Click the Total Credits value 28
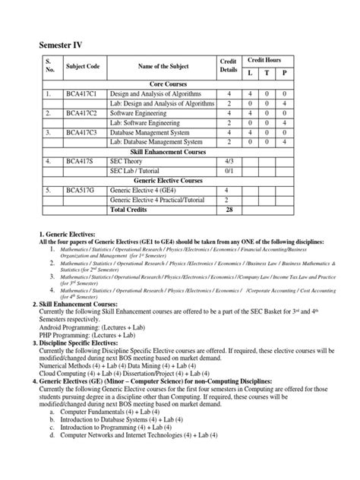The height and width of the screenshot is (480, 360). (228, 209)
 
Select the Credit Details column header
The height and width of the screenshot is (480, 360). (228, 66)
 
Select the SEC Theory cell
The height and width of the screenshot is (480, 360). (131, 161)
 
